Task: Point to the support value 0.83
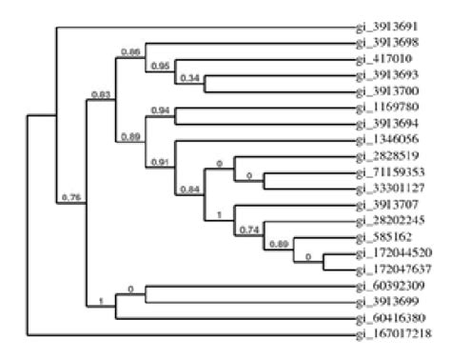click(98, 94)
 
